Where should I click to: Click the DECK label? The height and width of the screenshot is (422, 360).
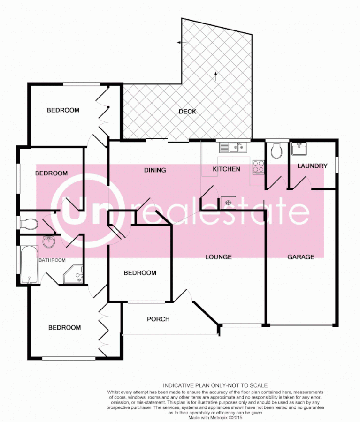click(x=187, y=112)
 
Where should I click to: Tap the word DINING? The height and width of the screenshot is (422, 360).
click(x=155, y=170)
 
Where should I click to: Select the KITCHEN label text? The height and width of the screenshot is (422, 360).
click(x=226, y=169)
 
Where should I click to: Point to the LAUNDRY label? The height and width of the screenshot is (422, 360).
click(x=312, y=166)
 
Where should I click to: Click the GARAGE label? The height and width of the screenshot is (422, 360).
click(x=300, y=256)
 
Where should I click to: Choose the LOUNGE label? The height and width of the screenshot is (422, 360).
click(x=218, y=257)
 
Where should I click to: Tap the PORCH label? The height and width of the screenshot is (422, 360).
click(x=158, y=319)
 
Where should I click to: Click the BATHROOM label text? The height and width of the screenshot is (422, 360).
click(x=52, y=260)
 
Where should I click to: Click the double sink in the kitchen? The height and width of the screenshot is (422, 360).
click(x=233, y=148)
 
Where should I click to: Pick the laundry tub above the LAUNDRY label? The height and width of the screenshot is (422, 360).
click(x=299, y=150)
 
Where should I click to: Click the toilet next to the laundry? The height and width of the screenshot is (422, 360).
click(x=276, y=150)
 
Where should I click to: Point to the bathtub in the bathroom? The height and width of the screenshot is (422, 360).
click(x=29, y=264)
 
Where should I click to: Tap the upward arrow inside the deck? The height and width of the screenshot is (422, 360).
click(x=215, y=74)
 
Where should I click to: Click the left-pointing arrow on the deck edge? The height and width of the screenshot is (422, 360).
click(x=180, y=43)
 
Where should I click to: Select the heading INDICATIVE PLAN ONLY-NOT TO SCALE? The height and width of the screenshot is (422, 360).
click(x=215, y=385)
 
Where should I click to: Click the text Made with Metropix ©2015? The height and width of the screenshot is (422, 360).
click(x=215, y=417)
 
